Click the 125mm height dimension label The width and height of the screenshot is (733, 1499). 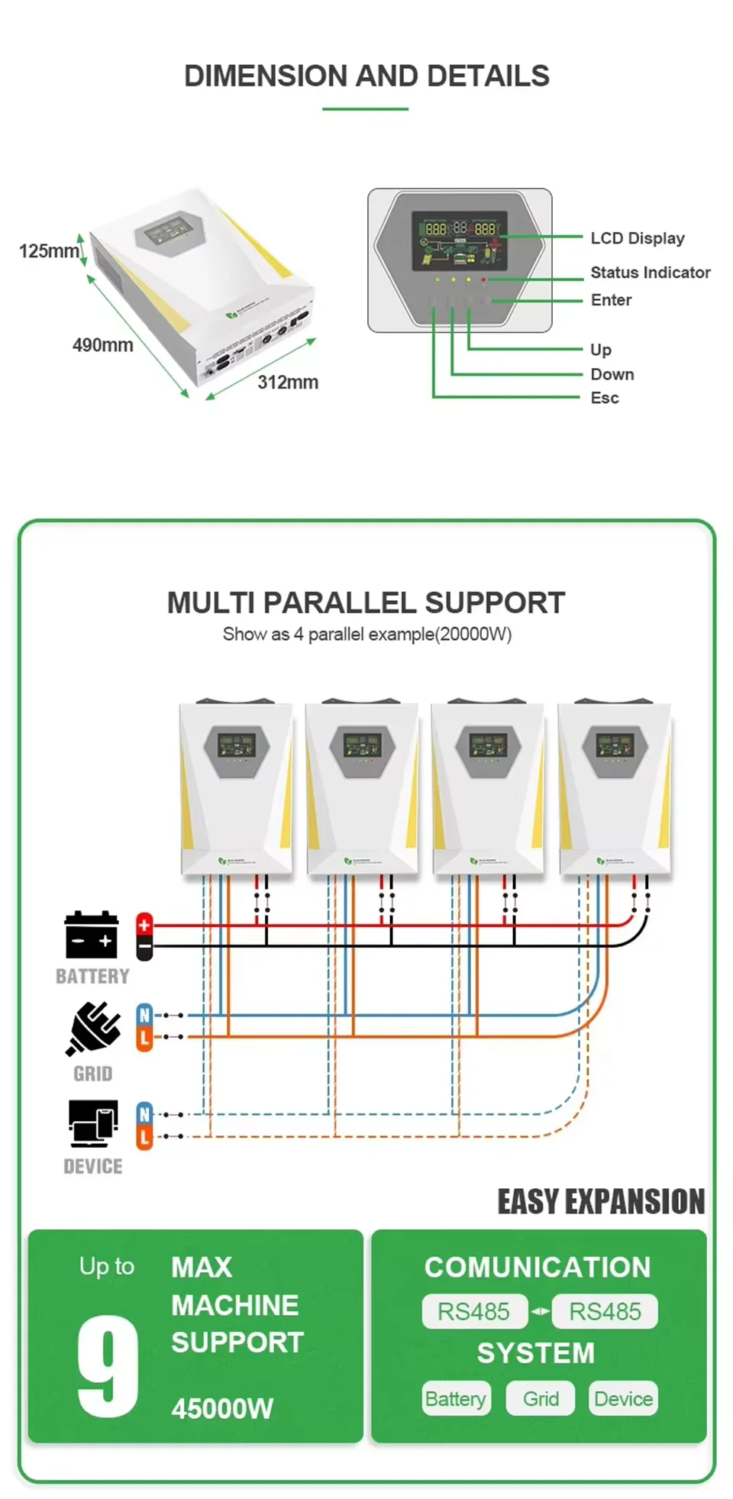click(49, 251)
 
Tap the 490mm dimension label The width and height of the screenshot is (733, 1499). click(102, 345)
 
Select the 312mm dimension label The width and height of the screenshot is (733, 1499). click(287, 383)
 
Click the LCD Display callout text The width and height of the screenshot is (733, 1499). click(637, 238)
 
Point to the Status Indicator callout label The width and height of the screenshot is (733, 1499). click(650, 273)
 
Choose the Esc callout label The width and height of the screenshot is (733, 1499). click(604, 398)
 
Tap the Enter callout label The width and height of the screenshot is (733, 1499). click(611, 300)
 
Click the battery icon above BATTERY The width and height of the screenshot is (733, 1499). click(92, 935)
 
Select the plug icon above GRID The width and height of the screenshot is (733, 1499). click(93, 1029)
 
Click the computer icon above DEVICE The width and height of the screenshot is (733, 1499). click(93, 1123)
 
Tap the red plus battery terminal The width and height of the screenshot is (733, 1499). click(144, 925)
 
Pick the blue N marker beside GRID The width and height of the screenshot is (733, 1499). click(144, 1016)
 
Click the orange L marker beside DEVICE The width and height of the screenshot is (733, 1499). click(144, 1138)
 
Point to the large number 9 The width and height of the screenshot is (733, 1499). click(108, 1366)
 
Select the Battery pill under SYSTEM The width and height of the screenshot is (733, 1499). click(456, 1399)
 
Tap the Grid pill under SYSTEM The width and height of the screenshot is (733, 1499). click(541, 1399)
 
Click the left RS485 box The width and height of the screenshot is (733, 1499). click(474, 1312)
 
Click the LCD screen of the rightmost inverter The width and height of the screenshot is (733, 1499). click(615, 745)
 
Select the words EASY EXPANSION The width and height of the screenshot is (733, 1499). click(601, 1202)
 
